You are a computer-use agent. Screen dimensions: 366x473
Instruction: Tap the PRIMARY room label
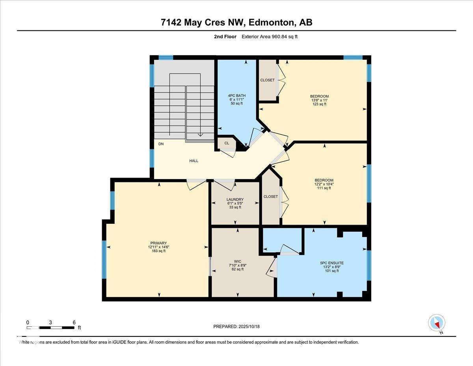click(x=158, y=243)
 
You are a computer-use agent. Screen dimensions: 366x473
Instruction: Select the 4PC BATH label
click(x=237, y=96)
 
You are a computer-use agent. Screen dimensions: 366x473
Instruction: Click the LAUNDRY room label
click(x=235, y=199)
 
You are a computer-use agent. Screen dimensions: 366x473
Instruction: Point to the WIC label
click(x=237, y=261)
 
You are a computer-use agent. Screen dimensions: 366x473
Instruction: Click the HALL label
click(x=194, y=161)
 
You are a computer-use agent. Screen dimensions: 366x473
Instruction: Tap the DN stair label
click(x=161, y=144)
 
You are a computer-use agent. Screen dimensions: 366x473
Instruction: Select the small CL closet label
click(x=227, y=143)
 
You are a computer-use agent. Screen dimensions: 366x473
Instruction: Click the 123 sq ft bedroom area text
click(x=319, y=104)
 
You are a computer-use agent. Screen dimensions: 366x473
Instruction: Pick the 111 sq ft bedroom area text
click(x=324, y=188)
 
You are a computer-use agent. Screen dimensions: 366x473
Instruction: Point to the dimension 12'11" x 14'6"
click(x=158, y=247)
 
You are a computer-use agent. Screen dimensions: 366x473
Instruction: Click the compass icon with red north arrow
click(x=436, y=323)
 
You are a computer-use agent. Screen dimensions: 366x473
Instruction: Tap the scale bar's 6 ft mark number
click(x=74, y=322)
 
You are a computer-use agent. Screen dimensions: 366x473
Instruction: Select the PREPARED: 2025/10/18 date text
click(x=236, y=327)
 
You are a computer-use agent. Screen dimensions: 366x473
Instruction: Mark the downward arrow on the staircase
click(x=200, y=134)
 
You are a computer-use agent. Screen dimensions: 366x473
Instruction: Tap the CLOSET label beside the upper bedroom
click(x=267, y=80)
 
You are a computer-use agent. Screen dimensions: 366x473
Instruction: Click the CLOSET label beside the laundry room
click(x=270, y=196)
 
